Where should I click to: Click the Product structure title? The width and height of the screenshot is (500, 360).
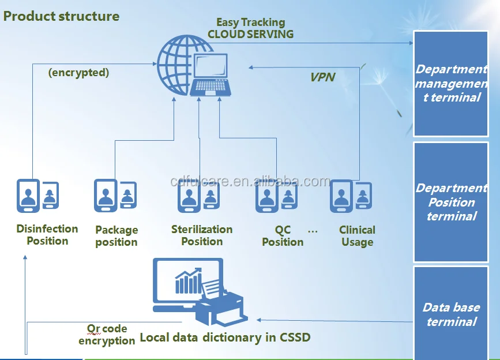61,16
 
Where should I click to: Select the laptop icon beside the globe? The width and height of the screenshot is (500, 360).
211,75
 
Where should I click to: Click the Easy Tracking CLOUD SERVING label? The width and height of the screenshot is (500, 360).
250,28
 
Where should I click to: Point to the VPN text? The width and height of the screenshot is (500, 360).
322,77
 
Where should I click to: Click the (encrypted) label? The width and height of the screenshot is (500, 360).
78,73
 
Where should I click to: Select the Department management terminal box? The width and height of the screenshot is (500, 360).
451,84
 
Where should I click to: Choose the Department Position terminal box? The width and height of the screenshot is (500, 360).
451,202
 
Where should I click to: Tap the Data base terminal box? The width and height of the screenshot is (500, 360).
451,314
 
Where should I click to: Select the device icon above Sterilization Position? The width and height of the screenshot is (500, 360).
198,196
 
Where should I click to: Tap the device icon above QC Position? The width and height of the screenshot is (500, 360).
276,196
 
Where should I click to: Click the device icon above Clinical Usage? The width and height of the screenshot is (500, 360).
351,196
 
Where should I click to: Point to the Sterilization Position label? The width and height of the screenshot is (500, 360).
202,235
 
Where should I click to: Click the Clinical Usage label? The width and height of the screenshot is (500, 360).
357,236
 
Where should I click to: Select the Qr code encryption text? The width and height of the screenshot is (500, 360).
107,335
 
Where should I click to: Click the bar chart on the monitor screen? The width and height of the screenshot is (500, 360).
189,281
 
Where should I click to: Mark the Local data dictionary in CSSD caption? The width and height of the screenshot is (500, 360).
225,337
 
